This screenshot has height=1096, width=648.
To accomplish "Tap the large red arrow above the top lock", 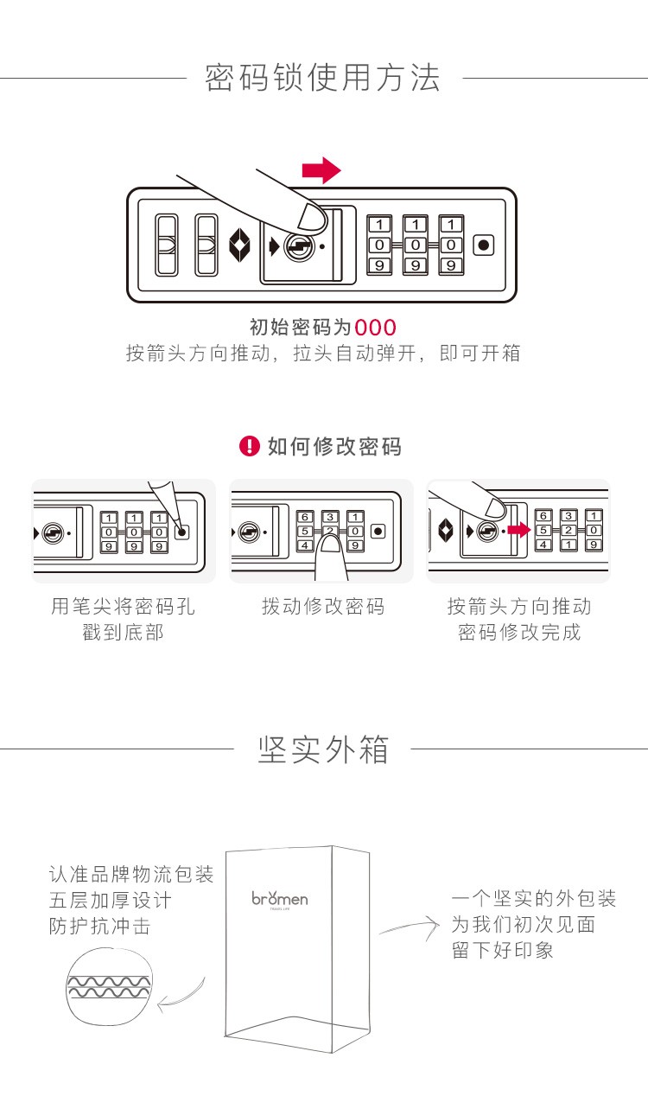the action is click(321, 170).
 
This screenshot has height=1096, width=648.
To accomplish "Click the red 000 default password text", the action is click(375, 328).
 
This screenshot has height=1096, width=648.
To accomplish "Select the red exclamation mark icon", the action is click(250, 446).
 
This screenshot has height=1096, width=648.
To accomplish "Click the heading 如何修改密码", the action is click(334, 446).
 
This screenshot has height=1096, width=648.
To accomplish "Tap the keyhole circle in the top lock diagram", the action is click(299, 246).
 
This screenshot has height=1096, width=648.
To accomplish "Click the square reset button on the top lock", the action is click(484, 245).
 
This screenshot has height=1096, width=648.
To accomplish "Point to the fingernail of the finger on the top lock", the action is click(312, 217).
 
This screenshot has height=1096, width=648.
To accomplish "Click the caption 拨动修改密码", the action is click(323, 606).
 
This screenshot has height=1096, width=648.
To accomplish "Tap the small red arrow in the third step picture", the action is click(519, 529).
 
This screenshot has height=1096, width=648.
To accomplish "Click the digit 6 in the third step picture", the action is click(543, 516).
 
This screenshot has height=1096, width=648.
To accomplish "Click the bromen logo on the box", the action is click(280, 898).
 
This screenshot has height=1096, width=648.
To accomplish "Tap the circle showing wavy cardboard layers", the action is click(109, 986).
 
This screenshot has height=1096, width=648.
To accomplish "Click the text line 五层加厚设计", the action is click(110, 900).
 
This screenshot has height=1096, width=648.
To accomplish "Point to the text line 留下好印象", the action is click(502, 950).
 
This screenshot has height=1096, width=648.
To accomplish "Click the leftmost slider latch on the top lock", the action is click(166, 245).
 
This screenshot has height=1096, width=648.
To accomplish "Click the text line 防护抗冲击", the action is click(99, 926).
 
